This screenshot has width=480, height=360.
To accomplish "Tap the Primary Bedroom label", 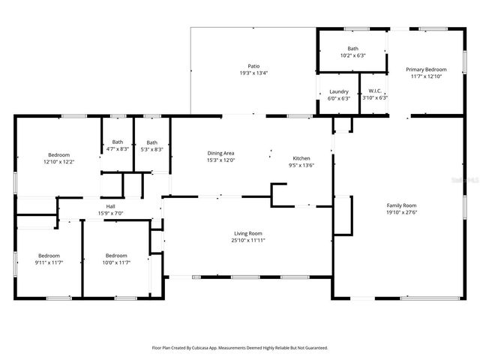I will click(x=427, y=69).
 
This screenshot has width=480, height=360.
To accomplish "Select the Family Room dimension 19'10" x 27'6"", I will click(x=401, y=212).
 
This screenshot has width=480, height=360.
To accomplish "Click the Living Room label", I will click(x=248, y=233).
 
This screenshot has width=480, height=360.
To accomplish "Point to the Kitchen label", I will click(x=301, y=159).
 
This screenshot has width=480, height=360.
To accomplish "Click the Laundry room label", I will click(x=339, y=91).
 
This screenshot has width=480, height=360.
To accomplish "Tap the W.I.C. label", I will click(x=375, y=91).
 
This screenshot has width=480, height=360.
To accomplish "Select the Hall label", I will click(x=110, y=206).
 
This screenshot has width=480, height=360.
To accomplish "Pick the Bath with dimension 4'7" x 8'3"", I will click(x=118, y=142).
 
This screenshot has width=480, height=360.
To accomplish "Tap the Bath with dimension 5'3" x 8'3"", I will click(x=152, y=142).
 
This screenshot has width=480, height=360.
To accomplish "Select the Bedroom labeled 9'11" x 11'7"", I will click(x=49, y=255).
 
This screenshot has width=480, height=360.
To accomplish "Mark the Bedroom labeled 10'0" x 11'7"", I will click(x=116, y=255).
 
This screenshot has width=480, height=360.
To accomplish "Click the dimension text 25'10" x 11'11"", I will click(x=248, y=241).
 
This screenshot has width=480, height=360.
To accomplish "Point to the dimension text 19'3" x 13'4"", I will click(x=253, y=73).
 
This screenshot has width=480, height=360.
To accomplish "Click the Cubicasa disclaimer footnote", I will click(x=240, y=348).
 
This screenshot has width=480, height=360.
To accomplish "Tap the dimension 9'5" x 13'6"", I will click(x=301, y=166).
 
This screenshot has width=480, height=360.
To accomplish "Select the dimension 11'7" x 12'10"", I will click(x=427, y=76).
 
